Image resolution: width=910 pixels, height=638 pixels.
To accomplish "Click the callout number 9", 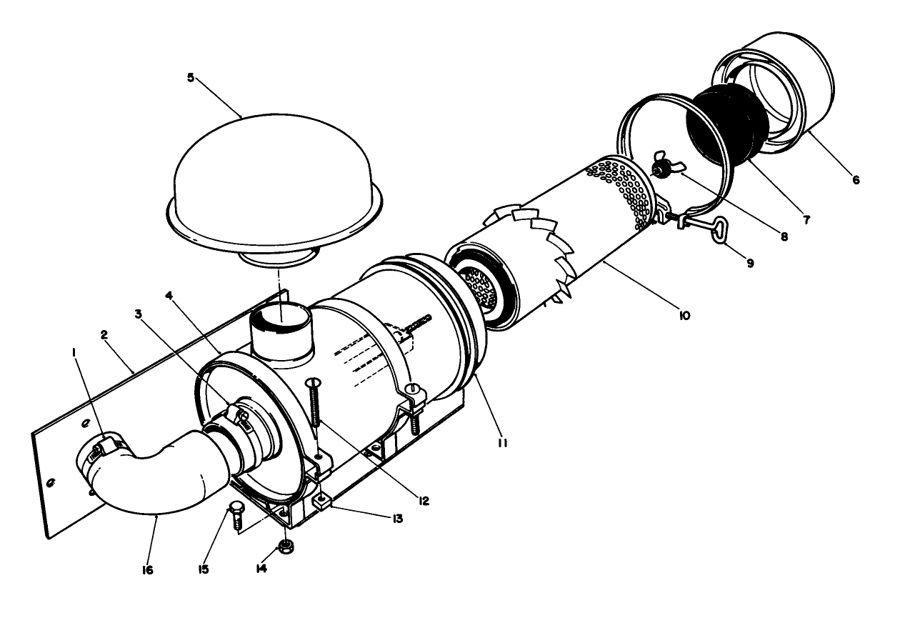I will click(749, 263).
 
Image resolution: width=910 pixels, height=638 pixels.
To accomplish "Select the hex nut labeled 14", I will click(286, 547).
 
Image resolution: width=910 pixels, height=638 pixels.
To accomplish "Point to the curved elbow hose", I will click(161, 476).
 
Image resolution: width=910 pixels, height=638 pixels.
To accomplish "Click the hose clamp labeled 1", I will click(106, 449).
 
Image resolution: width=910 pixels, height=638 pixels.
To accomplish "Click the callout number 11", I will click(502, 444).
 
